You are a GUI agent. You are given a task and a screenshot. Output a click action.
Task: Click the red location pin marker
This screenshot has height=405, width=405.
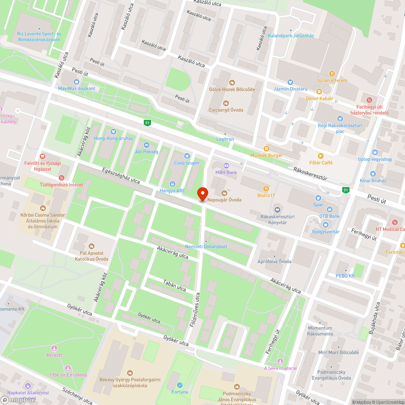(202, 194)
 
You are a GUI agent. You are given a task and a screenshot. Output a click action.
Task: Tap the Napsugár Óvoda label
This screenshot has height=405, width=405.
(224, 200)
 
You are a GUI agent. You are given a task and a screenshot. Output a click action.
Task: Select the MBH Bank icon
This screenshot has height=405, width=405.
(226, 165)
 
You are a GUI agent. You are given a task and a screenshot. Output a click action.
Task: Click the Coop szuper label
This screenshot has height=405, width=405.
(187, 163)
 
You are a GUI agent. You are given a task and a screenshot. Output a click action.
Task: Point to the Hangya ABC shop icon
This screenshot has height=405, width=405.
(173, 183)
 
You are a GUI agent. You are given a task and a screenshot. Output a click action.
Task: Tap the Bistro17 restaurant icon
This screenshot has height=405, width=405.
(266, 188)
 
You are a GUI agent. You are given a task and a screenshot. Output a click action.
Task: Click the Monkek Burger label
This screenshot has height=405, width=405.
(266, 155)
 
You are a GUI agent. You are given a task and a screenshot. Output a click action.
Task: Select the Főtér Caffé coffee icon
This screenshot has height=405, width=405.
(321, 156)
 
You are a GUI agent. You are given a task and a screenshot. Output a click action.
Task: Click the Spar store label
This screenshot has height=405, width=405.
(318, 205)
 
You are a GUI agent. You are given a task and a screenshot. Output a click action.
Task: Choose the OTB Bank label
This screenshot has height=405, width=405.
(329, 216)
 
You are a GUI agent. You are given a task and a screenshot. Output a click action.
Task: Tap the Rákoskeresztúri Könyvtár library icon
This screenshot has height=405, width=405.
(277, 210)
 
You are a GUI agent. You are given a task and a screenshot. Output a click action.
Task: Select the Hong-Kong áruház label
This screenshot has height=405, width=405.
(113, 138)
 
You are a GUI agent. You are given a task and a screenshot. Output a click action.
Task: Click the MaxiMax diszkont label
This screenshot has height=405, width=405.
(77, 88)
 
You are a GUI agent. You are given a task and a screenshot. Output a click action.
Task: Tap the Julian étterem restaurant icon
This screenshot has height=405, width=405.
(332, 74)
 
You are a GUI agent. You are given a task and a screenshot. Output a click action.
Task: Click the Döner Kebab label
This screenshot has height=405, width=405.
(319, 98)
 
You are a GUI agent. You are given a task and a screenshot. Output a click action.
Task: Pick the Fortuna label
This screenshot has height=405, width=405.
(180, 392)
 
